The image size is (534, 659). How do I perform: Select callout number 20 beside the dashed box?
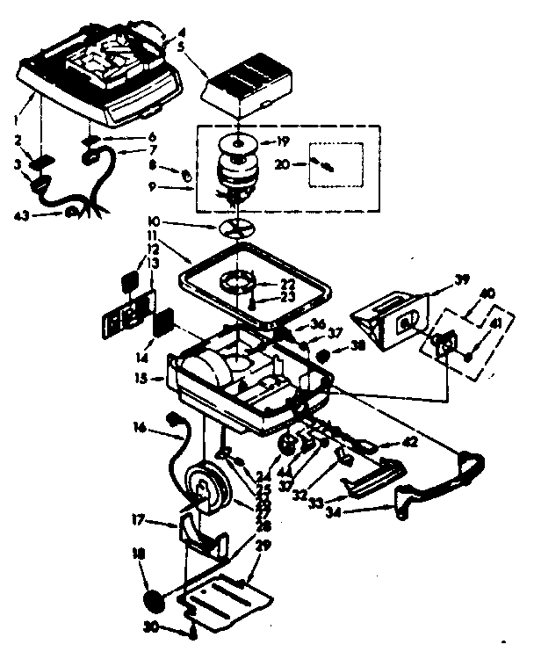(283, 163)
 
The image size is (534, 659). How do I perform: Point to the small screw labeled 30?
(190, 629)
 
